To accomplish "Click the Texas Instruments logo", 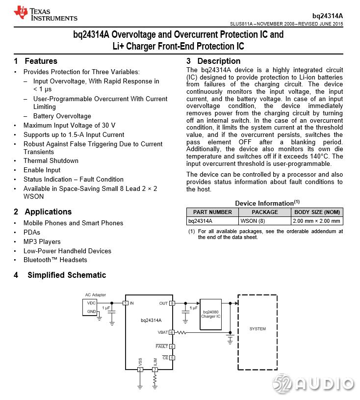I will tap(45, 13).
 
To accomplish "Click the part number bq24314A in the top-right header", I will tap(328, 16).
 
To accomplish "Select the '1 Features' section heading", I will tap(36, 61).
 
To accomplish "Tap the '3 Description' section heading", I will tap(213, 61).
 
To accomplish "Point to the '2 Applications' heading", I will tap(43, 212).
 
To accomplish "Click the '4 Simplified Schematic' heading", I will tap(60, 275).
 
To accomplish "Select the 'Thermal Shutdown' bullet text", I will tap(51, 161).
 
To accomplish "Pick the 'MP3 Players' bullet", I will tap(42, 242).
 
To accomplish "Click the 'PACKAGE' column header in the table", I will tap(264, 212).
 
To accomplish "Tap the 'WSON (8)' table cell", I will tap(253, 221).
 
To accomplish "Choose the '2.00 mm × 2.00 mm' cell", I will tap(317, 221).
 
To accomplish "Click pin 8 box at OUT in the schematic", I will tap(172, 303).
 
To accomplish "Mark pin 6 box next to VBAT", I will tap(172, 332).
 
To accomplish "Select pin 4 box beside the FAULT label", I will tap(172, 347).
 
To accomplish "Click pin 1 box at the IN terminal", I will tap(126, 303).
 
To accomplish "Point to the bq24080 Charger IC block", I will tap(211, 314).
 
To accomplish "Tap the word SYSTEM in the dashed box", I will tap(257, 329).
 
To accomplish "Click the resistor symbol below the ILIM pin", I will tap(155, 379).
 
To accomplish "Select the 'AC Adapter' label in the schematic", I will tap(95, 295).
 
